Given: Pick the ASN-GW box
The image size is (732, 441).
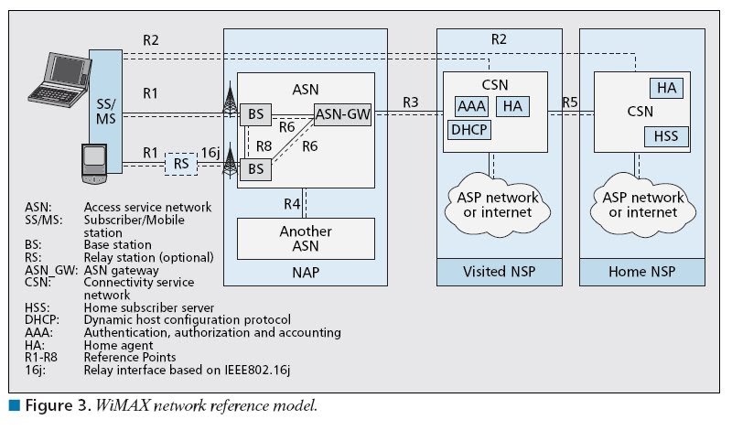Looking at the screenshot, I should (340, 114).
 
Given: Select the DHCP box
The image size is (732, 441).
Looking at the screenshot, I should (469, 130).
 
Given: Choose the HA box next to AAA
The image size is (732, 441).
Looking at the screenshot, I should (512, 106).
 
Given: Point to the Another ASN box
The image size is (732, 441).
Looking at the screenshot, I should (306, 238).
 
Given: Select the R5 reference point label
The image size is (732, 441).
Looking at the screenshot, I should (570, 102).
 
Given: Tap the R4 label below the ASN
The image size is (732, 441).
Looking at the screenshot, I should (290, 202).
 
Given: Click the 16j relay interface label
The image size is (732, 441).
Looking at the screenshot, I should (210, 153).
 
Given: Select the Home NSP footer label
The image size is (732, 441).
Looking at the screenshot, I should (644, 272).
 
